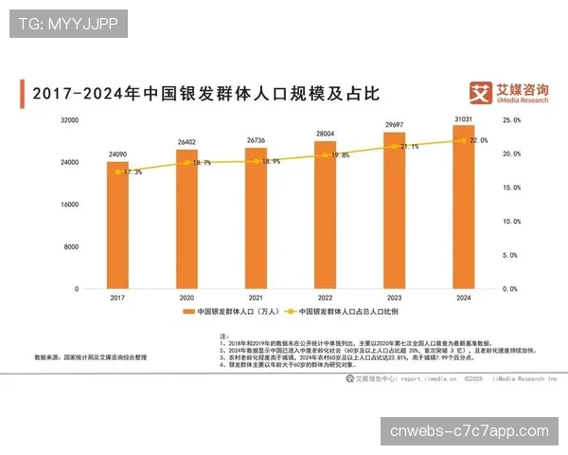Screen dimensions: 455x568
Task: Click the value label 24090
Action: pyautogui.click(x=117, y=154)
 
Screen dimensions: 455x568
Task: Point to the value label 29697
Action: pyautogui.click(x=395, y=125)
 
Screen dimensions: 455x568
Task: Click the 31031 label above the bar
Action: pyautogui.click(x=464, y=118)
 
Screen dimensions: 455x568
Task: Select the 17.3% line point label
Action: pyautogui.click(x=133, y=173)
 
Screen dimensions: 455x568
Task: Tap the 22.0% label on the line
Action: pyautogui.click(x=478, y=140)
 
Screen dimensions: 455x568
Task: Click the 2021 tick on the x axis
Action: pyautogui.click(x=257, y=298)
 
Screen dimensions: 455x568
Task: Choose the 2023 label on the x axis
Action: pyautogui.click(x=395, y=298)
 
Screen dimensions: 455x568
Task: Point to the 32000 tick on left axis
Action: pyautogui.click(x=68, y=120)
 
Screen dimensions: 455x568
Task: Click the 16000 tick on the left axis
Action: pyautogui.click(x=68, y=204)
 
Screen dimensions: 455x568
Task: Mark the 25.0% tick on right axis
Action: pyautogui.click(x=512, y=120)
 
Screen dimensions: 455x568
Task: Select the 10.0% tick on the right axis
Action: pyautogui.click(x=512, y=221)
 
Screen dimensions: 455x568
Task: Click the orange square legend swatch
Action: pyautogui.click(x=188, y=312)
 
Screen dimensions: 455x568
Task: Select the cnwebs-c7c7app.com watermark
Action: pyautogui.click(x=470, y=431)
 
